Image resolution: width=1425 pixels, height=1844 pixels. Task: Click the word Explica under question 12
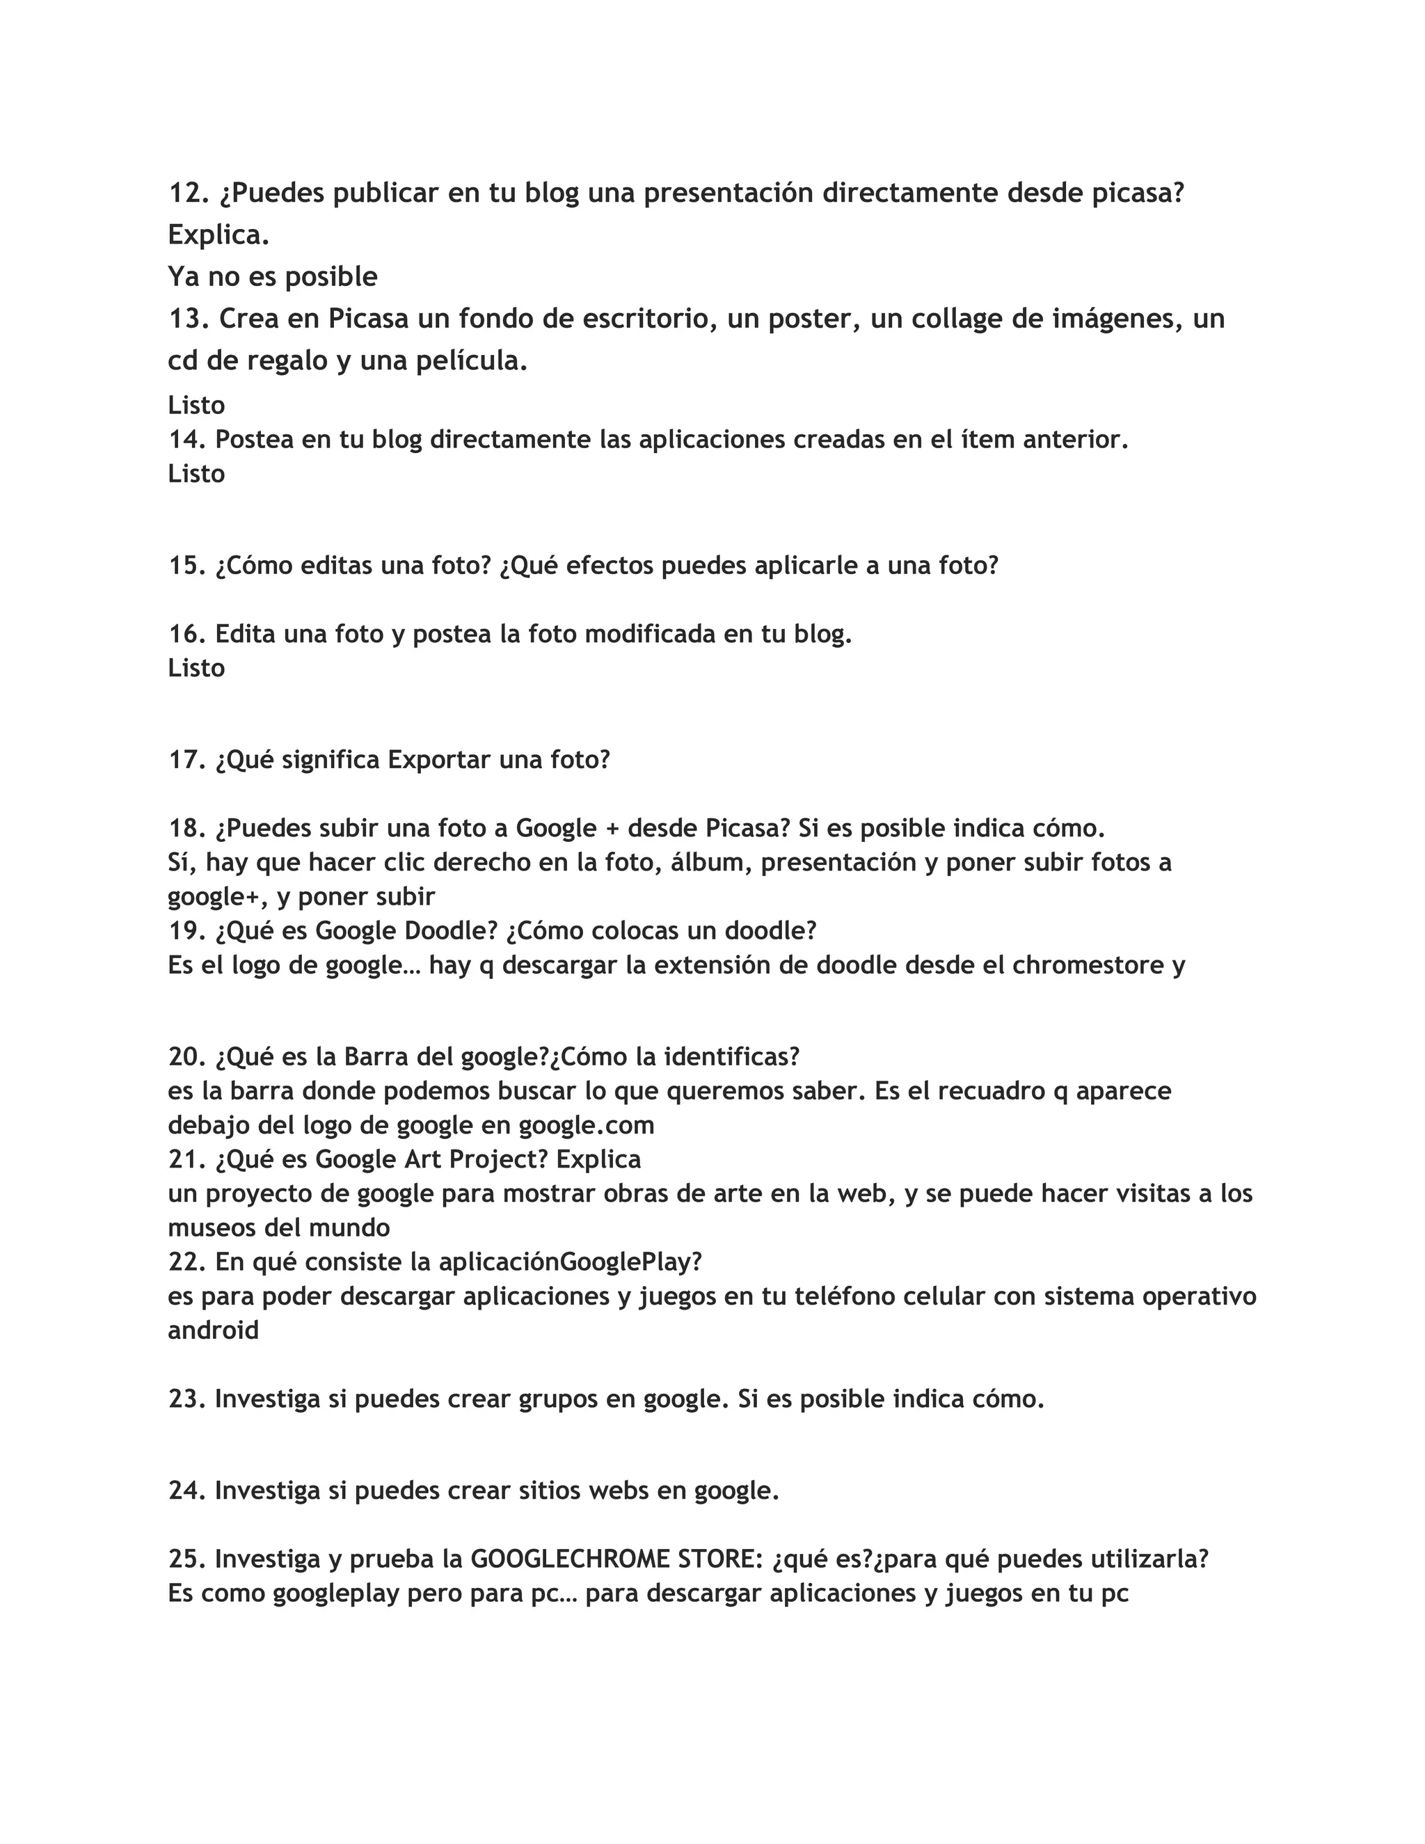coord(218,236)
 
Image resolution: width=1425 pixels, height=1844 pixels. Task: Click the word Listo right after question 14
coord(196,474)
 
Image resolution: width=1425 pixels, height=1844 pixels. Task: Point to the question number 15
coord(186,566)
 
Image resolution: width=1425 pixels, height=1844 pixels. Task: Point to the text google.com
coord(587,1125)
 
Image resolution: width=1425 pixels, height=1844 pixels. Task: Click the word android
coord(214,1330)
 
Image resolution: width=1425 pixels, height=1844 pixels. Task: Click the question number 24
coord(186,1491)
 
